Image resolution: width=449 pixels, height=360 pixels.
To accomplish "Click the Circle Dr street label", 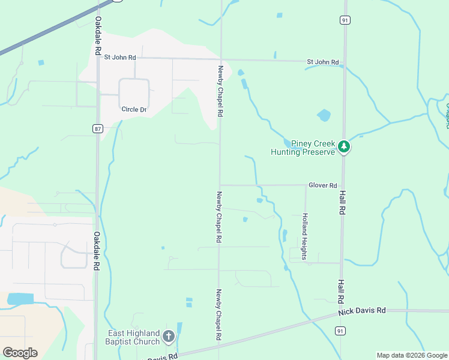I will click(134, 109).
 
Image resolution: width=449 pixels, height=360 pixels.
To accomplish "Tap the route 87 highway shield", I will click(97, 128).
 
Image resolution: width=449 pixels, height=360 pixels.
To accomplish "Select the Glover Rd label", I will click(322, 185).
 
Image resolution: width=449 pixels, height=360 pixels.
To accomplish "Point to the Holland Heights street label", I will click(305, 236).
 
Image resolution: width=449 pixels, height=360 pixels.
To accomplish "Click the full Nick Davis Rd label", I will click(361, 311).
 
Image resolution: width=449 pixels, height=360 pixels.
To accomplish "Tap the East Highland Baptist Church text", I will click(134, 337).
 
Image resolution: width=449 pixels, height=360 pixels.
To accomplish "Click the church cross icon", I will click(169, 337).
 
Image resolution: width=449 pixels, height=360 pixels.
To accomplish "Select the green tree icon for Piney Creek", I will click(343, 146).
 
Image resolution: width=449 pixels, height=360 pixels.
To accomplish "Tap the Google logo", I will click(20, 353).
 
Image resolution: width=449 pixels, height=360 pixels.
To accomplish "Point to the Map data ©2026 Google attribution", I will click(412, 355).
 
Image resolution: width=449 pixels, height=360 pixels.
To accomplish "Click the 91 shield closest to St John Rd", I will click(344, 20).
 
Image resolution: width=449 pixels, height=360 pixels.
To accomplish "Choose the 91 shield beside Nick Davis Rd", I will click(340, 331).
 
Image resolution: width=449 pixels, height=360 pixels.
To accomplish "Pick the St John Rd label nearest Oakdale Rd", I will click(120, 57).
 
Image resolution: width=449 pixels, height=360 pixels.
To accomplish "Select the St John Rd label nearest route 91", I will click(323, 62).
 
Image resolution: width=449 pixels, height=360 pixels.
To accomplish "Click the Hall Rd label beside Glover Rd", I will click(342, 203).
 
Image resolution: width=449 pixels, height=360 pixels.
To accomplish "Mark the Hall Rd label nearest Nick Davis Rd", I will click(340, 290).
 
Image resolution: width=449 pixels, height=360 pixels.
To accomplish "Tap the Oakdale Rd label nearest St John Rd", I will click(98, 37).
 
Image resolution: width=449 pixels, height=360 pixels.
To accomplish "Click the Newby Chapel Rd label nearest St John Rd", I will click(220, 91).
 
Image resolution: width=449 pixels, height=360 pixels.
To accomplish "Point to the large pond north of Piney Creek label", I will click(324, 115).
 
